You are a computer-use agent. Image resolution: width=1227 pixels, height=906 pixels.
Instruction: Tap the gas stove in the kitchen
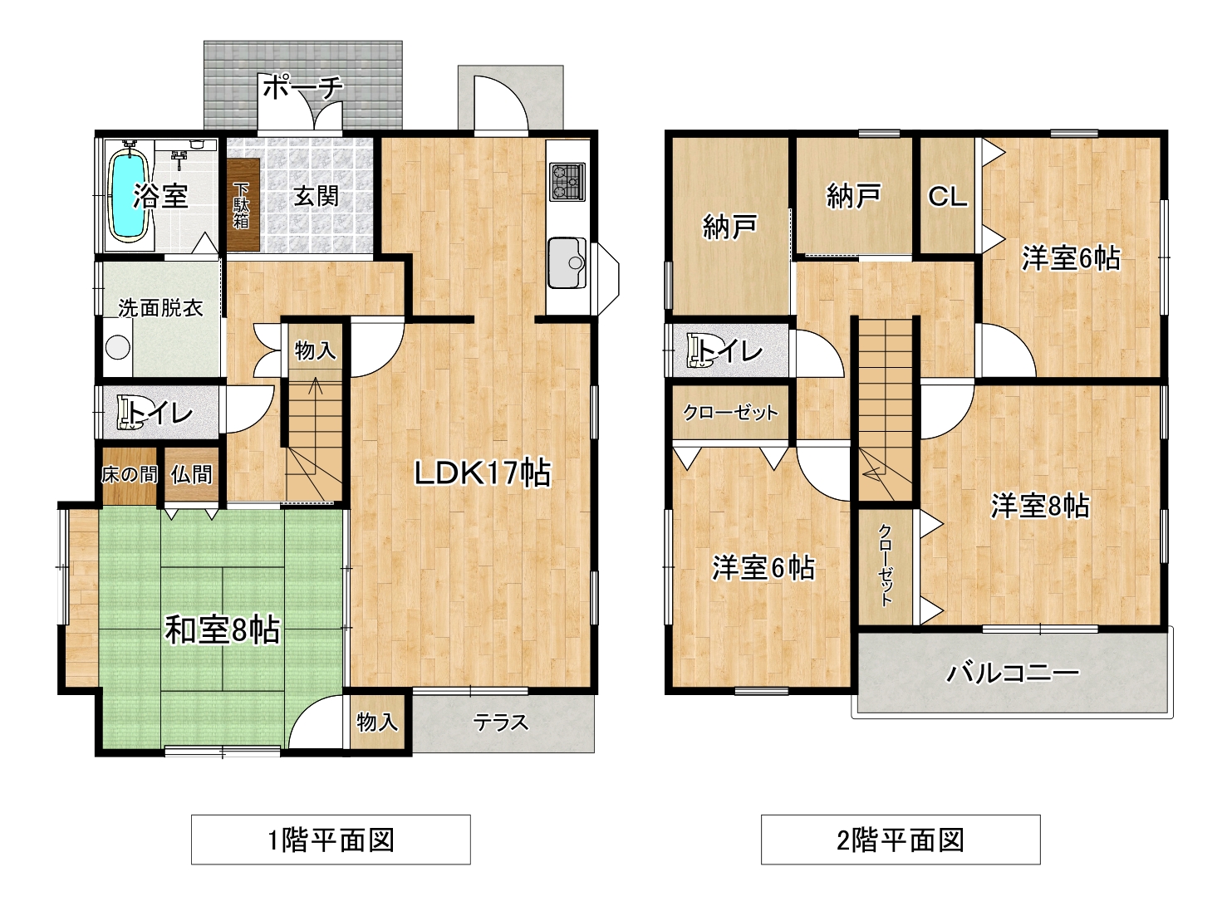point(567,181)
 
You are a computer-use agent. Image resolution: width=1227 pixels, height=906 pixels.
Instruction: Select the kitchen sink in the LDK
point(567,262)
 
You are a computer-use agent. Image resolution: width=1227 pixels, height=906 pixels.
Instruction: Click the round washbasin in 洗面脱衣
point(118,347)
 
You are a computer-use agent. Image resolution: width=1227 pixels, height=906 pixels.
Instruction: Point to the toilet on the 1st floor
point(130,413)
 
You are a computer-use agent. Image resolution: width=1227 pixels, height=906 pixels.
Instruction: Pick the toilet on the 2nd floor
point(699,350)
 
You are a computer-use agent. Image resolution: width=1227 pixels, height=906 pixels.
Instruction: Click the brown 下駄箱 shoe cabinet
point(243,204)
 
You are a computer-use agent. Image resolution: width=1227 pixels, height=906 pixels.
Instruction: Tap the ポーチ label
point(303,87)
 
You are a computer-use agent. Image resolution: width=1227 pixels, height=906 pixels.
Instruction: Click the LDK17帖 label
point(483,473)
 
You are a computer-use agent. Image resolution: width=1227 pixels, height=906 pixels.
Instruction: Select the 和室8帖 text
point(223,630)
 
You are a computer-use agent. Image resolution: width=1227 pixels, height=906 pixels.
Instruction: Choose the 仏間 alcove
point(191,474)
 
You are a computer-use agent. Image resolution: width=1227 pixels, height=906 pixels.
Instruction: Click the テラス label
point(501,722)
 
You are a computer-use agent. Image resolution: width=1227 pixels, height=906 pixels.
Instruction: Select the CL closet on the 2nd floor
point(947,196)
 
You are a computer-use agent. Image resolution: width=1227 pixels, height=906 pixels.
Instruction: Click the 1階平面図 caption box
point(331,840)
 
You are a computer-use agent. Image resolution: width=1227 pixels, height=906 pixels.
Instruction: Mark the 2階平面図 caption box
point(901,840)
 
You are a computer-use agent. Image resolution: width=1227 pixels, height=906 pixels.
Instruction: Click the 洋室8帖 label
point(1040,506)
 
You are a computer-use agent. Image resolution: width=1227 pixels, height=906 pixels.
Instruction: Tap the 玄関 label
point(316,196)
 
